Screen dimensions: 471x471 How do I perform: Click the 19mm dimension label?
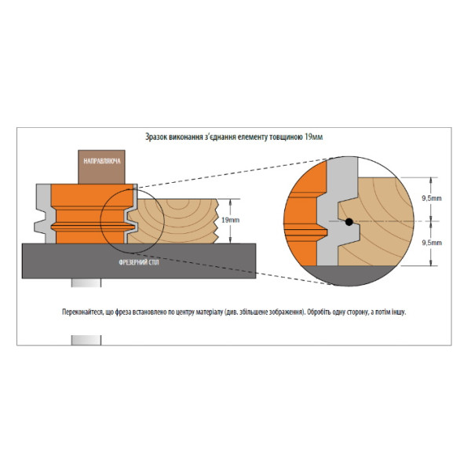230,220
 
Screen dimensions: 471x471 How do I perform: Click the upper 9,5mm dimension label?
432,199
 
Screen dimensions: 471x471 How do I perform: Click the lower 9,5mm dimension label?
432,243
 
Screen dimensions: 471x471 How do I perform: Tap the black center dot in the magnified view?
349,222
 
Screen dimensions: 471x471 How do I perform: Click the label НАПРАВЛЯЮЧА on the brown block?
102,161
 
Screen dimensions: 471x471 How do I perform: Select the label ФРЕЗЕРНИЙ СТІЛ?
139,262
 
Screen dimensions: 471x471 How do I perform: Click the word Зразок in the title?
156,137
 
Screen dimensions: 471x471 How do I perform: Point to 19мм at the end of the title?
313,137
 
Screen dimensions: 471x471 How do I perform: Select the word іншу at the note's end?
399,312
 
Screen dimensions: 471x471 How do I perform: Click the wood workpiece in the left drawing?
173,221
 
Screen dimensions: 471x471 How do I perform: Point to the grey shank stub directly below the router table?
86,283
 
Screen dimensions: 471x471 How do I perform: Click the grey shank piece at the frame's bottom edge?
86,340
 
